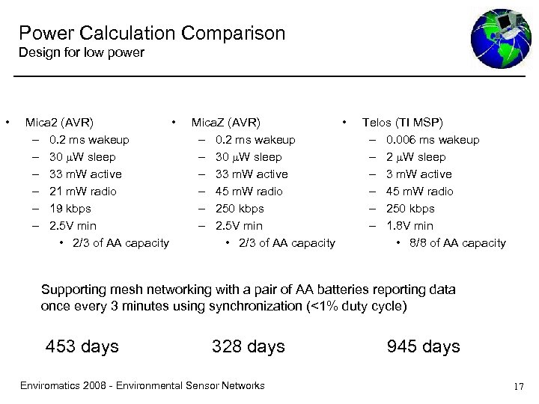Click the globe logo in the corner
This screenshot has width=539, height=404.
500,38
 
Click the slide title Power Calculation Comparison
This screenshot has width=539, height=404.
152,33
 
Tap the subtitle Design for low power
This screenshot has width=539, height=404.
81,52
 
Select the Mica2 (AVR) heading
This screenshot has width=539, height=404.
59,122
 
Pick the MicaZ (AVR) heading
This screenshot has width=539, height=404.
226,122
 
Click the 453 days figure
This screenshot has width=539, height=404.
82,346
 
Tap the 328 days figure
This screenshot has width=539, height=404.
249,346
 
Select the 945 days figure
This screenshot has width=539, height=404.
424,346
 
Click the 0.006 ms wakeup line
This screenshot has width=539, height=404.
433,139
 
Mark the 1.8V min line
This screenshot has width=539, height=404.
409,225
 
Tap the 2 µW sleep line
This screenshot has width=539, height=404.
415,156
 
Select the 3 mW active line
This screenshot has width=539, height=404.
418,174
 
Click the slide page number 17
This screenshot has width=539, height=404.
519,386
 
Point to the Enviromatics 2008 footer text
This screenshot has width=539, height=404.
141,385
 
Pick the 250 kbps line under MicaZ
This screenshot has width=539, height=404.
240,208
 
